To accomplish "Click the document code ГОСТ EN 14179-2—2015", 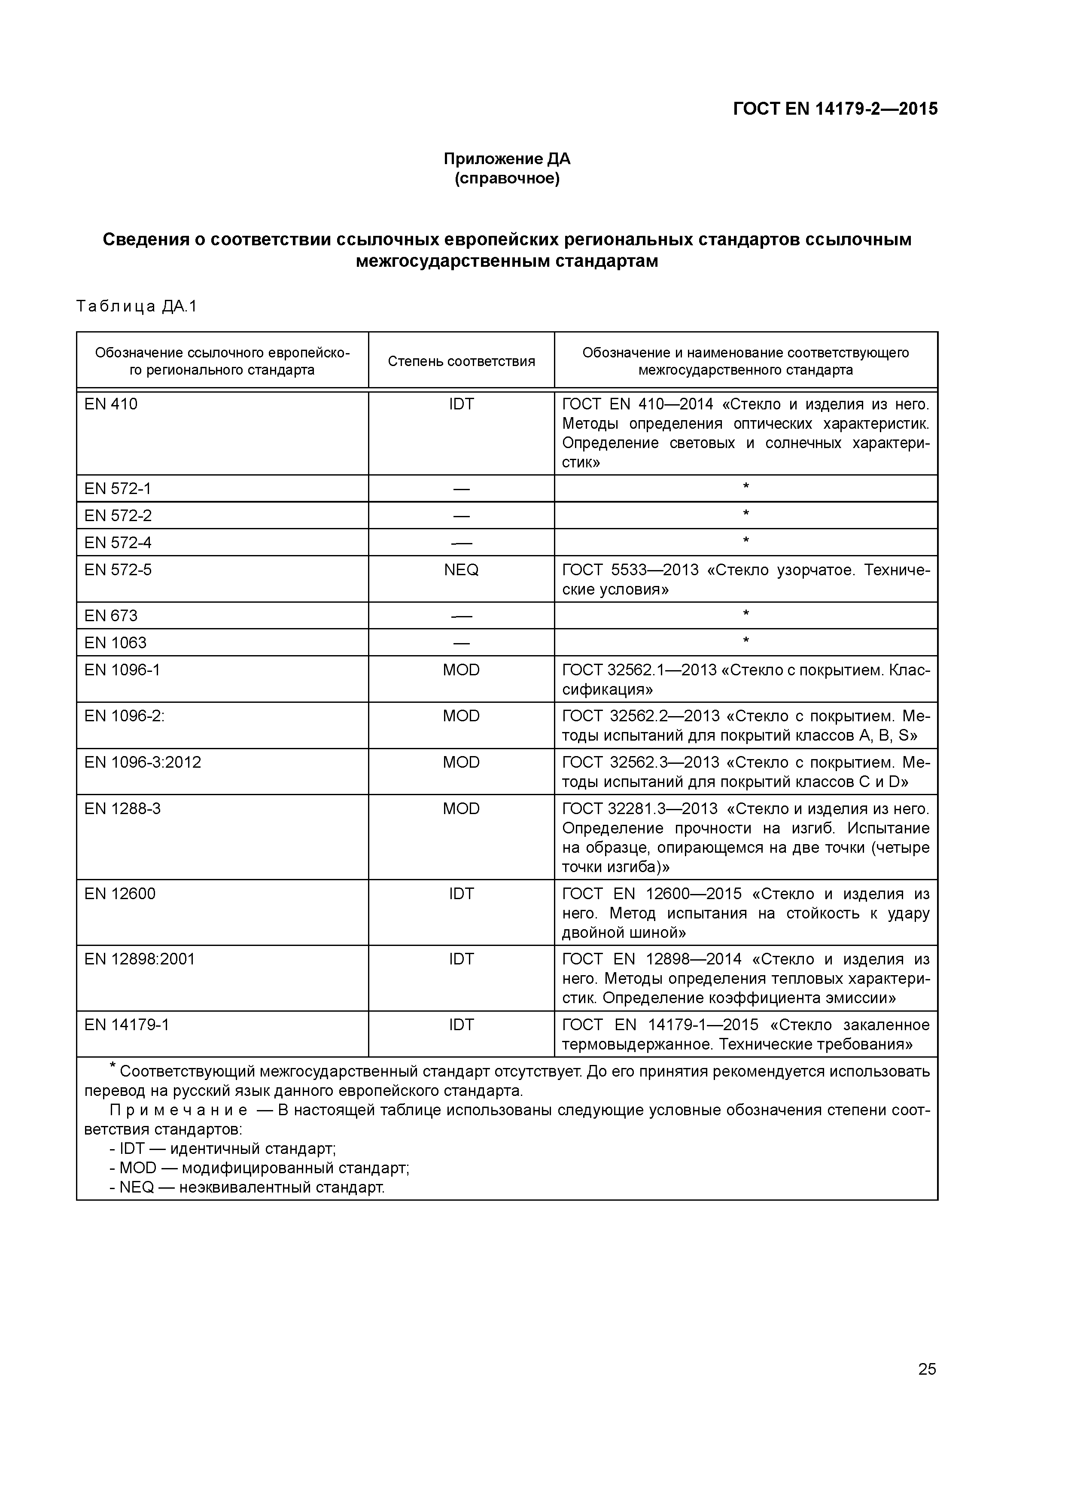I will click(835, 109).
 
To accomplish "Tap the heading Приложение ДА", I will click(507, 159).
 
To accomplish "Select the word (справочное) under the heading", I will click(507, 179).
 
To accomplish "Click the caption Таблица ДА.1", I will click(137, 307).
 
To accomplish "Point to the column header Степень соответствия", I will click(461, 361).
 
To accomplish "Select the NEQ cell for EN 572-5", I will click(461, 570).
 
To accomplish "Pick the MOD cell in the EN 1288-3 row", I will click(461, 808).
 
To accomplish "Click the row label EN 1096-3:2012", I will click(143, 763).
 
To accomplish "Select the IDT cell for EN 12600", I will click(461, 894).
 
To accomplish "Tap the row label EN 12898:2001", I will click(140, 960).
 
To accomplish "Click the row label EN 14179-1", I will click(127, 1025).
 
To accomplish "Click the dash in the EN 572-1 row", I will click(461, 489).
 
